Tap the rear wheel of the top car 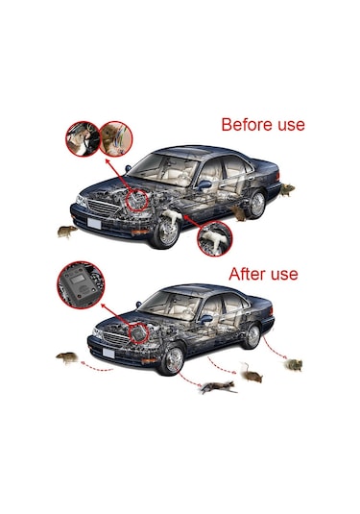coord(256,205)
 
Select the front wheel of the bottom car coord(173,359)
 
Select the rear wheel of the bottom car coord(252,336)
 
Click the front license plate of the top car coord(94,223)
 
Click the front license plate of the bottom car coord(108,353)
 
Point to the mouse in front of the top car coord(67,232)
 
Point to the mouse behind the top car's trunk coord(287,189)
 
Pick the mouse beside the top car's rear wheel coord(239,213)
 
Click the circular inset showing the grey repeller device coord(81,284)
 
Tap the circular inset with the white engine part coord(214,238)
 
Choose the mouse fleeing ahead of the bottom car coord(67,357)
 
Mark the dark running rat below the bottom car coord(219,387)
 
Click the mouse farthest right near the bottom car coord(294,364)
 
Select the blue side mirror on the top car coord(204,185)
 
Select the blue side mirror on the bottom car coord(206,319)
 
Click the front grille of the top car coord(103,208)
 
